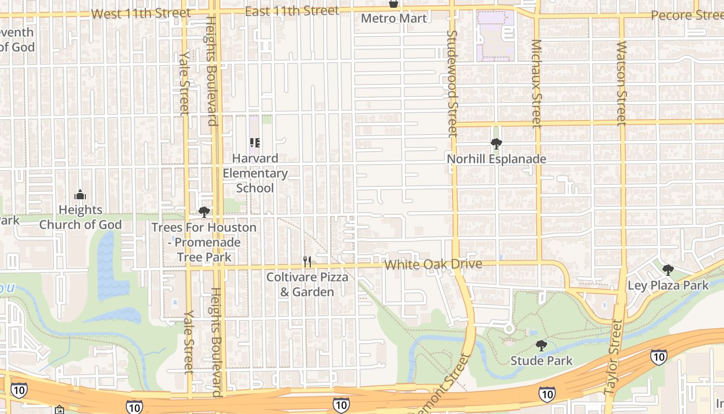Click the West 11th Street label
point(141,13)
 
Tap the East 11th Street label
point(292,11)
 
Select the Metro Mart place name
point(394,19)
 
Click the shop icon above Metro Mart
point(394,4)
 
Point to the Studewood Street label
point(452,83)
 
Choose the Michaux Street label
point(536,83)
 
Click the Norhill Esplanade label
point(496,159)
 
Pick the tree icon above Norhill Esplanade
point(496,143)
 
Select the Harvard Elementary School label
point(255,173)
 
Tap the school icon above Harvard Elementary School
point(254,142)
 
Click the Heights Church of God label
point(80,217)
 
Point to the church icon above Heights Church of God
point(80,195)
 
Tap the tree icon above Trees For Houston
point(204,212)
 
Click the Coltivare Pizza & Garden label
point(307,285)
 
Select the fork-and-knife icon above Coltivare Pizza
point(307,262)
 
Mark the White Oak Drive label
point(433,264)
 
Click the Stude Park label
point(541,361)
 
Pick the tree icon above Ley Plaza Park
point(668,270)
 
